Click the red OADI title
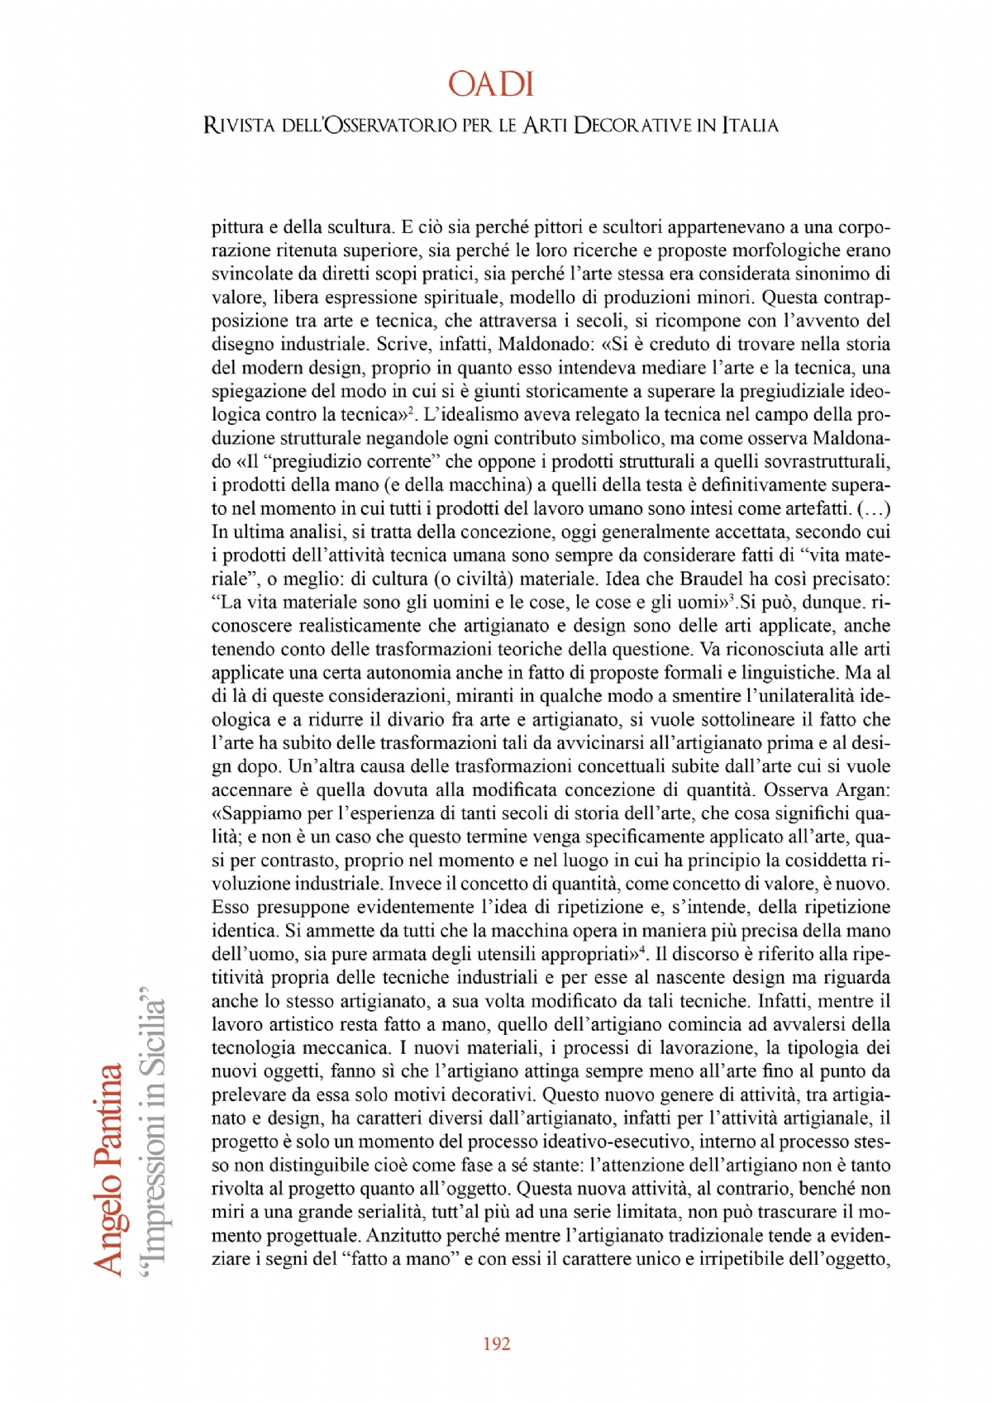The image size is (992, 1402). click(x=491, y=84)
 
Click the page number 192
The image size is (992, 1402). click(x=496, y=1344)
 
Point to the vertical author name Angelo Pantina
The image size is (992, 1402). click(x=108, y=1169)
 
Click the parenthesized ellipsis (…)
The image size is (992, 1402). click(x=874, y=508)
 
